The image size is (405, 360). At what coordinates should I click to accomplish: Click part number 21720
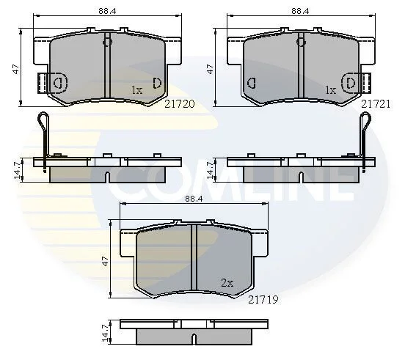tap(180, 104)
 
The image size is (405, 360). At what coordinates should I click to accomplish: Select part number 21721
tap(376, 104)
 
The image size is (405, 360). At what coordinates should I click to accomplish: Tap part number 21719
tap(263, 300)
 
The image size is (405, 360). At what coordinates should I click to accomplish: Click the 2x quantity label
tap(227, 283)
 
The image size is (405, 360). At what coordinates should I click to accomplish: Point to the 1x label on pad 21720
tap(137, 90)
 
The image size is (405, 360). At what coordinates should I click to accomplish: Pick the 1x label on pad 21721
tap(331, 90)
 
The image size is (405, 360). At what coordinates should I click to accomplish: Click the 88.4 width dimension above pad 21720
tap(107, 11)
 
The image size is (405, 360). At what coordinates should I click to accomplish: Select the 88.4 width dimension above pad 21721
tap(300, 11)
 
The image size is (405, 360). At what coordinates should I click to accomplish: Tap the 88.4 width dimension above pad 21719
tap(194, 199)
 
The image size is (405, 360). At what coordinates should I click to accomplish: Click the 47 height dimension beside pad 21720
tap(16, 69)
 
